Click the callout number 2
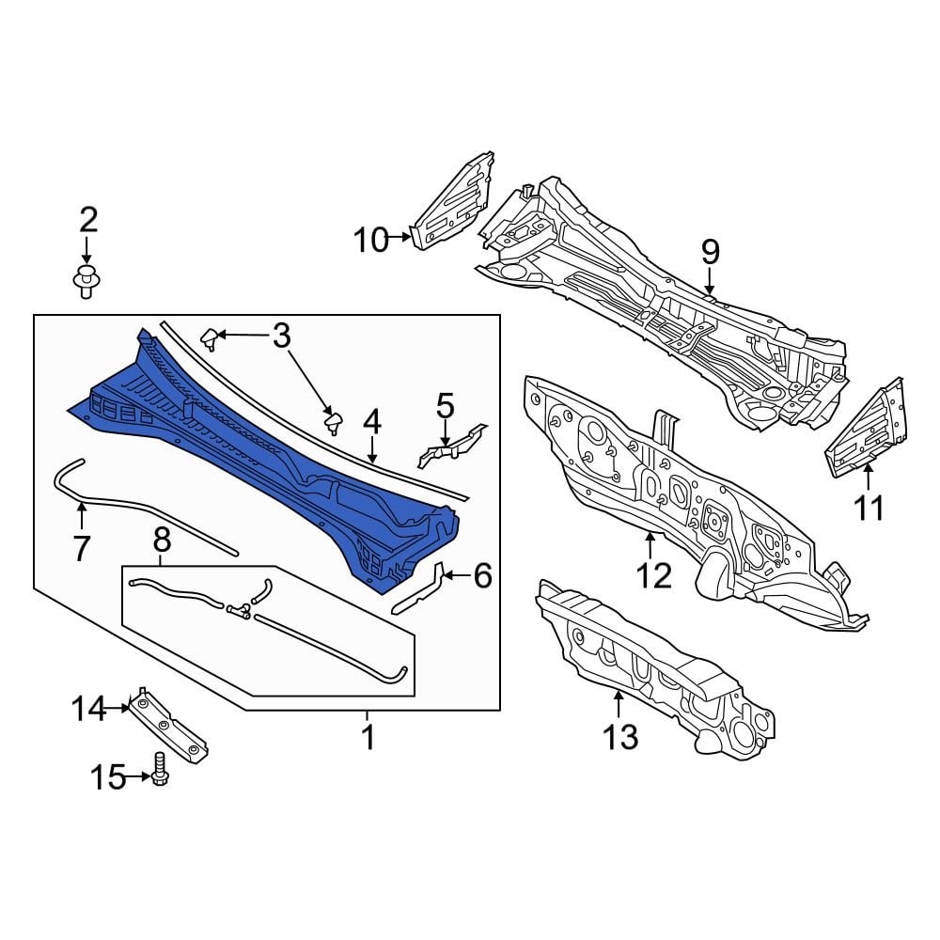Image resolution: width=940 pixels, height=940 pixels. (x=88, y=220)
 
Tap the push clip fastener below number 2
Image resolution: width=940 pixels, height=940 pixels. (x=86, y=283)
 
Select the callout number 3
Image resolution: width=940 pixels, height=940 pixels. (x=282, y=336)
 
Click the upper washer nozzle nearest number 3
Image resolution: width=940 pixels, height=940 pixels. (x=211, y=338)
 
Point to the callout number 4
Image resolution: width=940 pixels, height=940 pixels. (x=372, y=423)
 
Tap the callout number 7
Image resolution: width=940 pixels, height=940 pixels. (x=81, y=548)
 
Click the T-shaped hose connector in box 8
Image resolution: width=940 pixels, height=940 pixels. (x=239, y=610)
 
